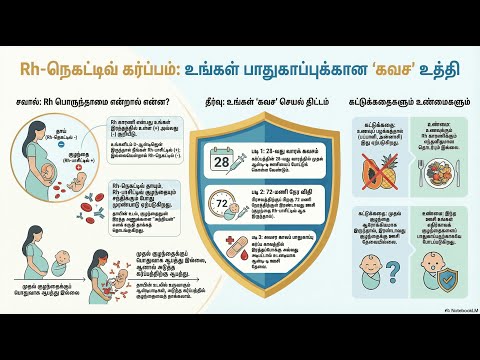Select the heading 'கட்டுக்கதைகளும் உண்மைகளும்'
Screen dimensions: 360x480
click(394, 102)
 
